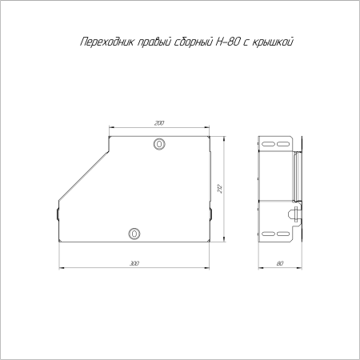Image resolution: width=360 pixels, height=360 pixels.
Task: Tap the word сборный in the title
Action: coord(194,41)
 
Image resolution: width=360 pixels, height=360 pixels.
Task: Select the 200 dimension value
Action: coord(159,122)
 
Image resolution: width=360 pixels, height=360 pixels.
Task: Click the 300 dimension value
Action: coord(134,262)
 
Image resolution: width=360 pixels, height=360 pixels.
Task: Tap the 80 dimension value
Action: coord(279,262)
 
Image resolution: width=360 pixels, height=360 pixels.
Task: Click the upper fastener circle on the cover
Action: coord(159,145)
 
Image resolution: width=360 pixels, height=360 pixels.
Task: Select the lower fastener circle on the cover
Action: coord(134,234)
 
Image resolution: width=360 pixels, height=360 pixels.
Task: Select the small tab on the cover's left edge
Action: coord(57,214)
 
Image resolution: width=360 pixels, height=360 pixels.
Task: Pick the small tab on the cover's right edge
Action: coord(210,214)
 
